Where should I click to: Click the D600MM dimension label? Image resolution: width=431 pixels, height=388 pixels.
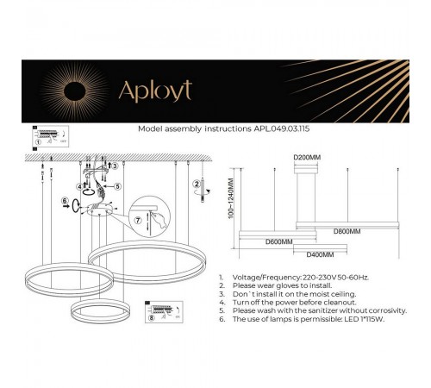(x=278, y=242)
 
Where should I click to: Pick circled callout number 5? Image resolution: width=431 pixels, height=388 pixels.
(x=118, y=185)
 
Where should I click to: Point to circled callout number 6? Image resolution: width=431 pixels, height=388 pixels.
(x=64, y=203)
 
